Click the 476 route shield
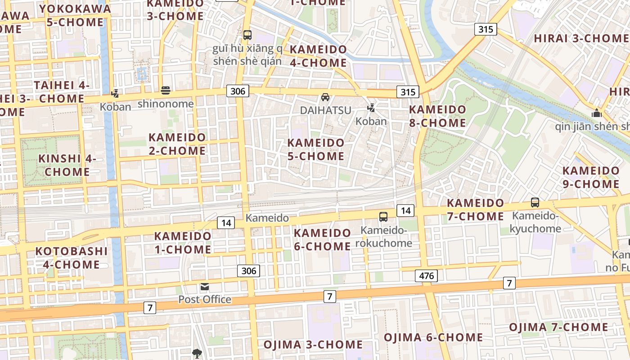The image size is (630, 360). (x=426, y=275)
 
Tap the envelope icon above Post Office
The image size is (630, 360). (x=205, y=287)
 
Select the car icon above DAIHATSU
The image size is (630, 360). (x=325, y=97)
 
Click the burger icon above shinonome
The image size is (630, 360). (x=166, y=90)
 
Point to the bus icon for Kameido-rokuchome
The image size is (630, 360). (x=383, y=217)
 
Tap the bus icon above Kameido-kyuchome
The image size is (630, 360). (x=535, y=202)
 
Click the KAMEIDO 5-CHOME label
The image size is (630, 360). (x=316, y=149)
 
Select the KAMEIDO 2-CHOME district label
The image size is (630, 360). (x=177, y=144)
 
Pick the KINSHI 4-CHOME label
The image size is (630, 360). (x=67, y=165)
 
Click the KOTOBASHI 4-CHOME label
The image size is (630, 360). (x=71, y=257)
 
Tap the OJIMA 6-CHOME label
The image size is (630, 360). (x=433, y=337)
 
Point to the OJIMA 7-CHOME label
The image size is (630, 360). (x=558, y=327)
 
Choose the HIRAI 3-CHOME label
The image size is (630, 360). (x=580, y=38)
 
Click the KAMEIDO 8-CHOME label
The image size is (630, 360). (x=437, y=116)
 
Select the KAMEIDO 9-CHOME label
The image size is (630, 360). (x=591, y=177)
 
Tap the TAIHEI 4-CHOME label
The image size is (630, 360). (x=62, y=91)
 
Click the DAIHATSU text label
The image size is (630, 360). (x=325, y=110)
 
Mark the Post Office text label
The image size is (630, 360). (x=205, y=299)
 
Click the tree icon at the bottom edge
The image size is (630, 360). (x=197, y=354)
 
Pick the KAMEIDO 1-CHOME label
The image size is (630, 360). (x=183, y=243)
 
